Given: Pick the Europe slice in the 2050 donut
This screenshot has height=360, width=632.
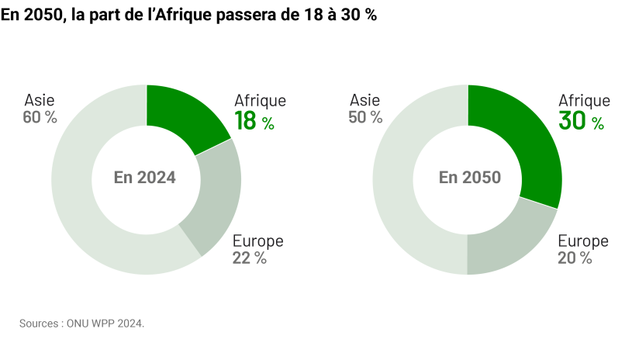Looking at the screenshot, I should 504,244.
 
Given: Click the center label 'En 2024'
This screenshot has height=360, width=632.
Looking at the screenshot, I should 145,178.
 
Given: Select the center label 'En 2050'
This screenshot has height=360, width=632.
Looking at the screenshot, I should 469,178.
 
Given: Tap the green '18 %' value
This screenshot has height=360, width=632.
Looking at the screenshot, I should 254,121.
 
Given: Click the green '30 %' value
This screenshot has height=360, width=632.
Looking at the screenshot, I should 580,121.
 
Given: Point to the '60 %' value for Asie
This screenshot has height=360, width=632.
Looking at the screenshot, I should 41,117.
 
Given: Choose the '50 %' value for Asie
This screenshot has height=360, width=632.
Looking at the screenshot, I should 366,117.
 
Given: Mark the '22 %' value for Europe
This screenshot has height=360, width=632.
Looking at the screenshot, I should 249,258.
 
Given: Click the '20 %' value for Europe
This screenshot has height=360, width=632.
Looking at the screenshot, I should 575,258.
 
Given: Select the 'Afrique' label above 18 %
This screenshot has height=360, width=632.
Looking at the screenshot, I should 260,100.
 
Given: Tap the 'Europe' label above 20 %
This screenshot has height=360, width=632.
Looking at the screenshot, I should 583,241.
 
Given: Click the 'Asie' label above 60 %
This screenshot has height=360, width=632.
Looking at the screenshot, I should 40,100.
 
